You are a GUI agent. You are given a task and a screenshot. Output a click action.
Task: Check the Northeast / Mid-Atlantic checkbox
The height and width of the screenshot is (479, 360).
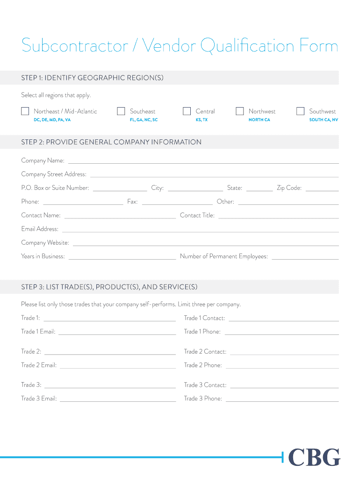(25, 111)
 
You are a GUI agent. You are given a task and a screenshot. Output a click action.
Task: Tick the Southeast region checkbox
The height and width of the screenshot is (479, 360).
(121, 111)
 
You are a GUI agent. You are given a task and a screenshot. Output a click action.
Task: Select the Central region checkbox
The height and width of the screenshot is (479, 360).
(187, 111)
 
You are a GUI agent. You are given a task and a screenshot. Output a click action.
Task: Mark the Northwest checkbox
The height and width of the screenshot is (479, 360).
(240, 111)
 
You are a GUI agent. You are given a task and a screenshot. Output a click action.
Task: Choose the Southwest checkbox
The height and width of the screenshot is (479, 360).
(301, 111)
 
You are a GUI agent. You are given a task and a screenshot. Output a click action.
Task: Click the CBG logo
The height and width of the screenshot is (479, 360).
(314, 457)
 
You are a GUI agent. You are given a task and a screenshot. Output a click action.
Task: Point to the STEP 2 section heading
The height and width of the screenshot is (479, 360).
(111, 142)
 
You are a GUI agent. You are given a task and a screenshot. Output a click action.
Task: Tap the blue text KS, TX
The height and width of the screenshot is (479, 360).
(202, 120)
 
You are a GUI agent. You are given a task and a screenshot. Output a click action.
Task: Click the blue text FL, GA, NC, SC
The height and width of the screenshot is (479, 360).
(144, 120)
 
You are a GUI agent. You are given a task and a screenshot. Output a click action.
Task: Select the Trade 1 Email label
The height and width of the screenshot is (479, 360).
(38, 332)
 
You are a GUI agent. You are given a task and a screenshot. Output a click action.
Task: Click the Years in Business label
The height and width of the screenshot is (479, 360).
(43, 256)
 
